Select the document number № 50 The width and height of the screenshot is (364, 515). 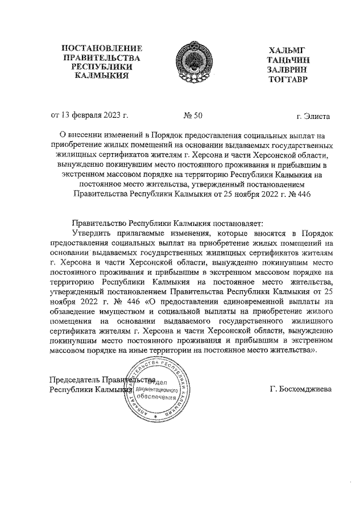tap(193, 116)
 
